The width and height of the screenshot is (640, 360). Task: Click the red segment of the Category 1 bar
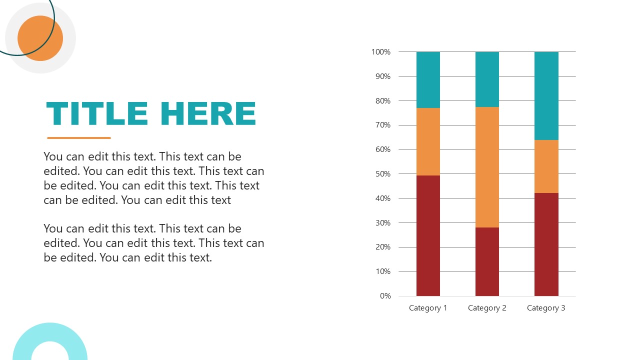pyautogui.click(x=428, y=235)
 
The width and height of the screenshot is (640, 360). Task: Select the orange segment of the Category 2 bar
pyautogui.click(x=487, y=167)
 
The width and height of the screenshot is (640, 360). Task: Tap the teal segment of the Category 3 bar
pyautogui.click(x=546, y=95)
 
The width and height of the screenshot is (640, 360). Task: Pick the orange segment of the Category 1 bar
pyautogui.click(x=428, y=141)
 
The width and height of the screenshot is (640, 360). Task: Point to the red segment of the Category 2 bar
pyautogui.click(x=487, y=261)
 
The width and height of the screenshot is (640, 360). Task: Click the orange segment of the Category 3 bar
pyautogui.click(x=546, y=166)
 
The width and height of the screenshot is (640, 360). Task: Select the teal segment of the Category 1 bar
pyautogui.click(x=428, y=80)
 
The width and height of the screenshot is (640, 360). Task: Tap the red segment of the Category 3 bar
pyautogui.click(x=546, y=244)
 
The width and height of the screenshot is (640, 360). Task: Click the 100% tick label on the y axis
pyautogui.click(x=381, y=52)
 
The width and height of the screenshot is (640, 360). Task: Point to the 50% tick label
pyautogui.click(x=382, y=174)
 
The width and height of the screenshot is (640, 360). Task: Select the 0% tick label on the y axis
pyautogui.click(x=385, y=296)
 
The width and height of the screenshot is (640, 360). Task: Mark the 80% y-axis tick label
pyautogui.click(x=382, y=101)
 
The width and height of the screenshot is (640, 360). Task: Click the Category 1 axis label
pyautogui.click(x=428, y=308)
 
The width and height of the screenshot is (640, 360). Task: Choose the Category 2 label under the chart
pyautogui.click(x=487, y=308)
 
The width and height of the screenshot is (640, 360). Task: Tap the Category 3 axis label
pyautogui.click(x=546, y=308)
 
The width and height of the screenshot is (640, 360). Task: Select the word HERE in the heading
pyautogui.click(x=208, y=113)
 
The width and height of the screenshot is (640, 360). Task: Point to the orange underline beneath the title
pyautogui.click(x=79, y=138)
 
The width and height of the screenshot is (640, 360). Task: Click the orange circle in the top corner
pyautogui.click(x=40, y=38)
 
